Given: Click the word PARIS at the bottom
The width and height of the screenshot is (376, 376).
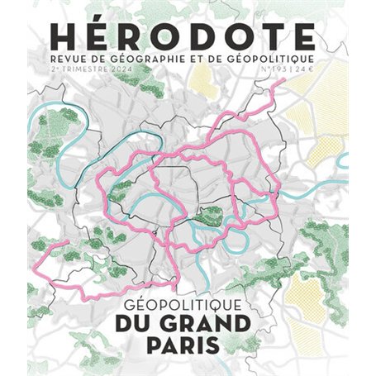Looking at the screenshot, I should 187,342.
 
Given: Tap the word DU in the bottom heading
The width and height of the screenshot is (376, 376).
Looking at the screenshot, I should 137,320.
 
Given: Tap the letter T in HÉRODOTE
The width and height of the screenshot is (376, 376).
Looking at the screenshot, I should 267,37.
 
